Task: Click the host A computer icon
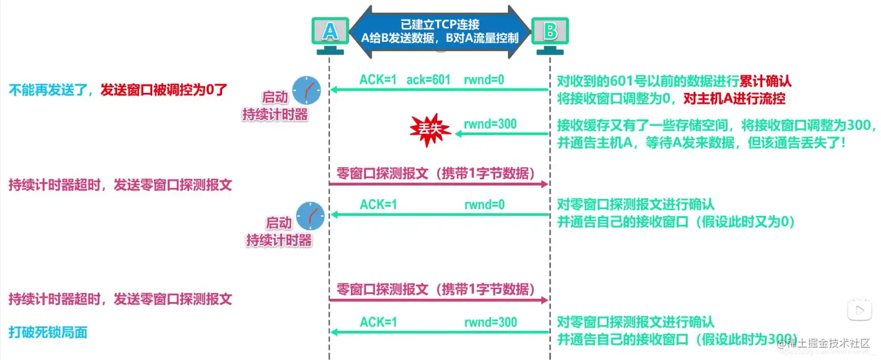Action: coord(330,34)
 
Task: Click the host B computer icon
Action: coord(549,34)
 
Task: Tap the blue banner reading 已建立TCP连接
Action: coord(440,32)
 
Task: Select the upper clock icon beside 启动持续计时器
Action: coord(306,90)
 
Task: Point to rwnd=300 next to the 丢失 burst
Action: coord(490,124)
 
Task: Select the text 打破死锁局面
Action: coord(48,332)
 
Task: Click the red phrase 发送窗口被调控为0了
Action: coord(163,90)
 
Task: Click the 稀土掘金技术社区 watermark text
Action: coord(827,343)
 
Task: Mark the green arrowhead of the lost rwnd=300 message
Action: coord(459,134)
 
